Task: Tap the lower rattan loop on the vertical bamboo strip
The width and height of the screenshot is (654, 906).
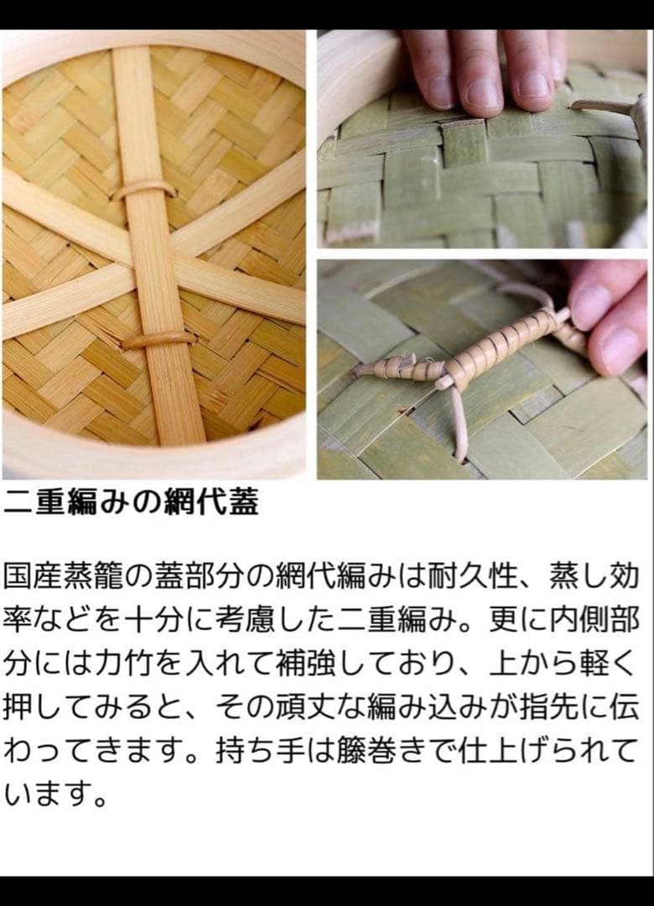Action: coord(158,340)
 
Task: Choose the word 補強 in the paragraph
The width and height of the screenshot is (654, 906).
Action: coord(331,664)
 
